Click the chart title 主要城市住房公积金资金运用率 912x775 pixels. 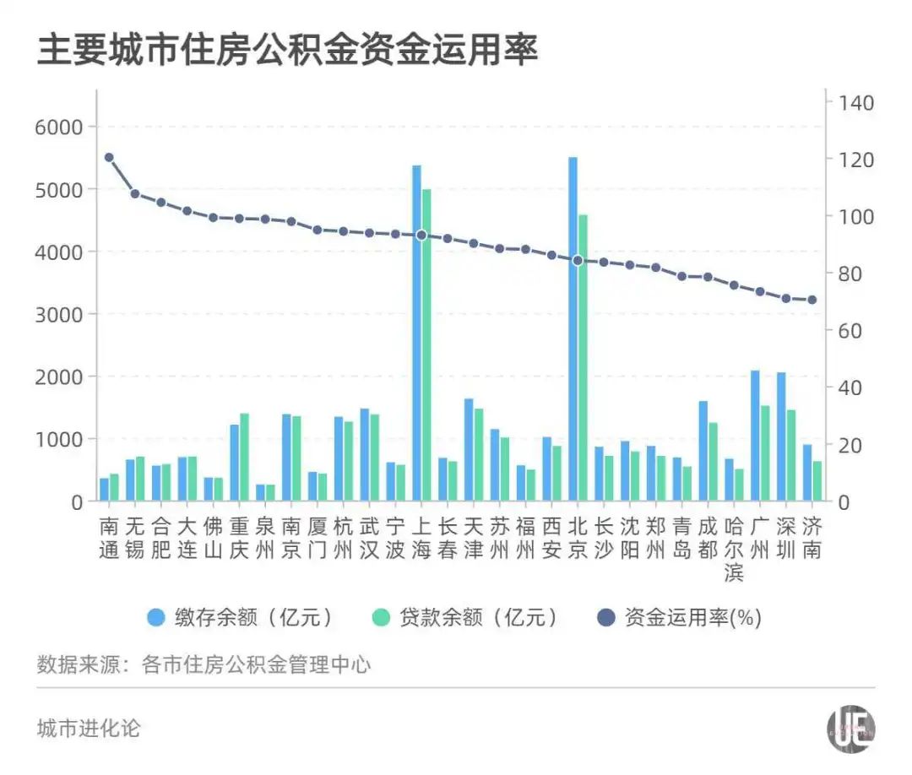point(287,50)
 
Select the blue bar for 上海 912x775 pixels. point(416,333)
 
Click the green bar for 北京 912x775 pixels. point(583,358)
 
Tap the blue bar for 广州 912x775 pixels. point(755,436)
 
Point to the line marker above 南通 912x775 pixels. point(109,157)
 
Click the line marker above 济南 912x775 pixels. point(812,300)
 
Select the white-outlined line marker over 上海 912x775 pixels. point(421,235)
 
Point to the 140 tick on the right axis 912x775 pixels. point(855,102)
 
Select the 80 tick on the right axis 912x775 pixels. point(850,274)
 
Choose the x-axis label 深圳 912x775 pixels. point(786,539)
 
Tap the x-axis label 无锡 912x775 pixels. point(135,539)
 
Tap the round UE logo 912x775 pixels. point(850,729)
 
